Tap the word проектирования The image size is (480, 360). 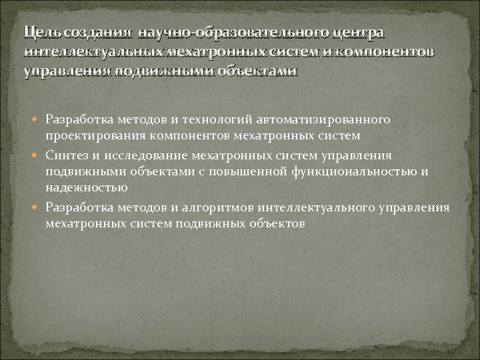click(96, 135)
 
